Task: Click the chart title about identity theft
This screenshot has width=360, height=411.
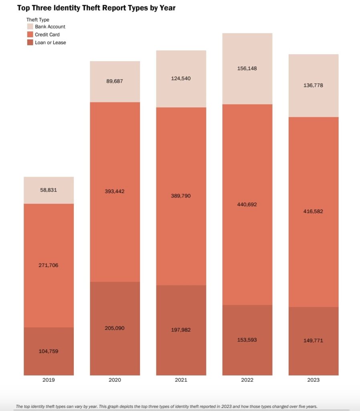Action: (x=96, y=8)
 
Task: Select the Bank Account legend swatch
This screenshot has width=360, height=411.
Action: (x=30, y=27)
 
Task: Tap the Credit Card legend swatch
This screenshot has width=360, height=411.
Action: (x=30, y=35)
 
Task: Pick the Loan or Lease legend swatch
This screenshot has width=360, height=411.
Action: (x=30, y=42)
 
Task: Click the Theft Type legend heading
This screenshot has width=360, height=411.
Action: (x=38, y=19)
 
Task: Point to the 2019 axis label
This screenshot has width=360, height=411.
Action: (x=49, y=380)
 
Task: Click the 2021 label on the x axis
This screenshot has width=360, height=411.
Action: (x=181, y=380)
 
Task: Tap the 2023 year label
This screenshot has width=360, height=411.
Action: (x=313, y=380)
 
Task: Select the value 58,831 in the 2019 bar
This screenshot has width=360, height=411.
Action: (x=49, y=190)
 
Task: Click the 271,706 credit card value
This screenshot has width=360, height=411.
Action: (x=49, y=265)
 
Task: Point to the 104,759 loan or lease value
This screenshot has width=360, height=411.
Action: (x=49, y=351)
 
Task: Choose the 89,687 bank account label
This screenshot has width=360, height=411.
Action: (x=115, y=81)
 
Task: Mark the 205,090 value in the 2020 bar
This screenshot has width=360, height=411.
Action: (x=115, y=328)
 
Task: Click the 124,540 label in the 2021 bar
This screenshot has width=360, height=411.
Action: (x=181, y=78)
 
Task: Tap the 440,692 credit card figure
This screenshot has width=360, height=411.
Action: (x=247, y=204)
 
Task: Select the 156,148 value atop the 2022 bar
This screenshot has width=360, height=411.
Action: (x=247, y=68)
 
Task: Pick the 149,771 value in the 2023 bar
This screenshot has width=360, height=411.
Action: (x=313, y=340)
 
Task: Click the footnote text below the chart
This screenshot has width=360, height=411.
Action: (x=166, y=406)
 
